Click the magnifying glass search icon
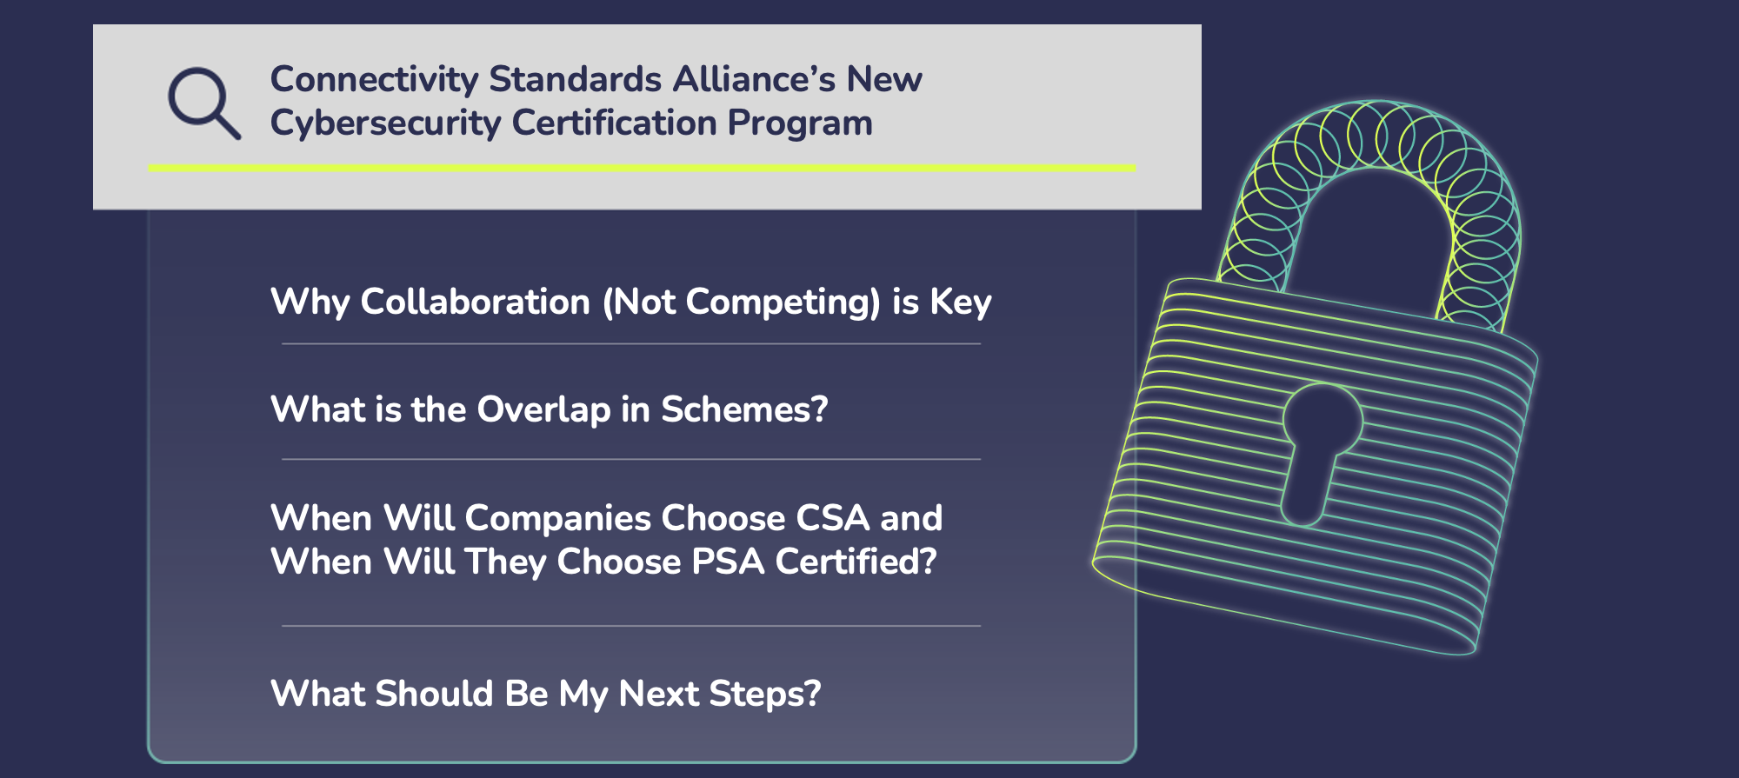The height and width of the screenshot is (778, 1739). (x=203, y=103)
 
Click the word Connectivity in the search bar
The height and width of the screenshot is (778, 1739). (x=375, y=80)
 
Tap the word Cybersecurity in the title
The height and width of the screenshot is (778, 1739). (x=385, y=123)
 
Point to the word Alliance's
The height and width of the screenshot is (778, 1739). (x=753, y=80)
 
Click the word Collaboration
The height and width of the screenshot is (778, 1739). (x=475, y=303)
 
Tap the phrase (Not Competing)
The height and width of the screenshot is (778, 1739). (x=741, y=303)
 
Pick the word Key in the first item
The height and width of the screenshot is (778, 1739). (x=960, y=303)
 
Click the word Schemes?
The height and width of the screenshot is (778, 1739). (x=744, y=409)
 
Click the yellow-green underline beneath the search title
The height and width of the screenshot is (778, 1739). (x=642, y=168)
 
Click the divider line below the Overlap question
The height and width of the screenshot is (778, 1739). (x=631, y=459)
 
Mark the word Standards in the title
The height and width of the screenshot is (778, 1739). (x=576, y=80)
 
